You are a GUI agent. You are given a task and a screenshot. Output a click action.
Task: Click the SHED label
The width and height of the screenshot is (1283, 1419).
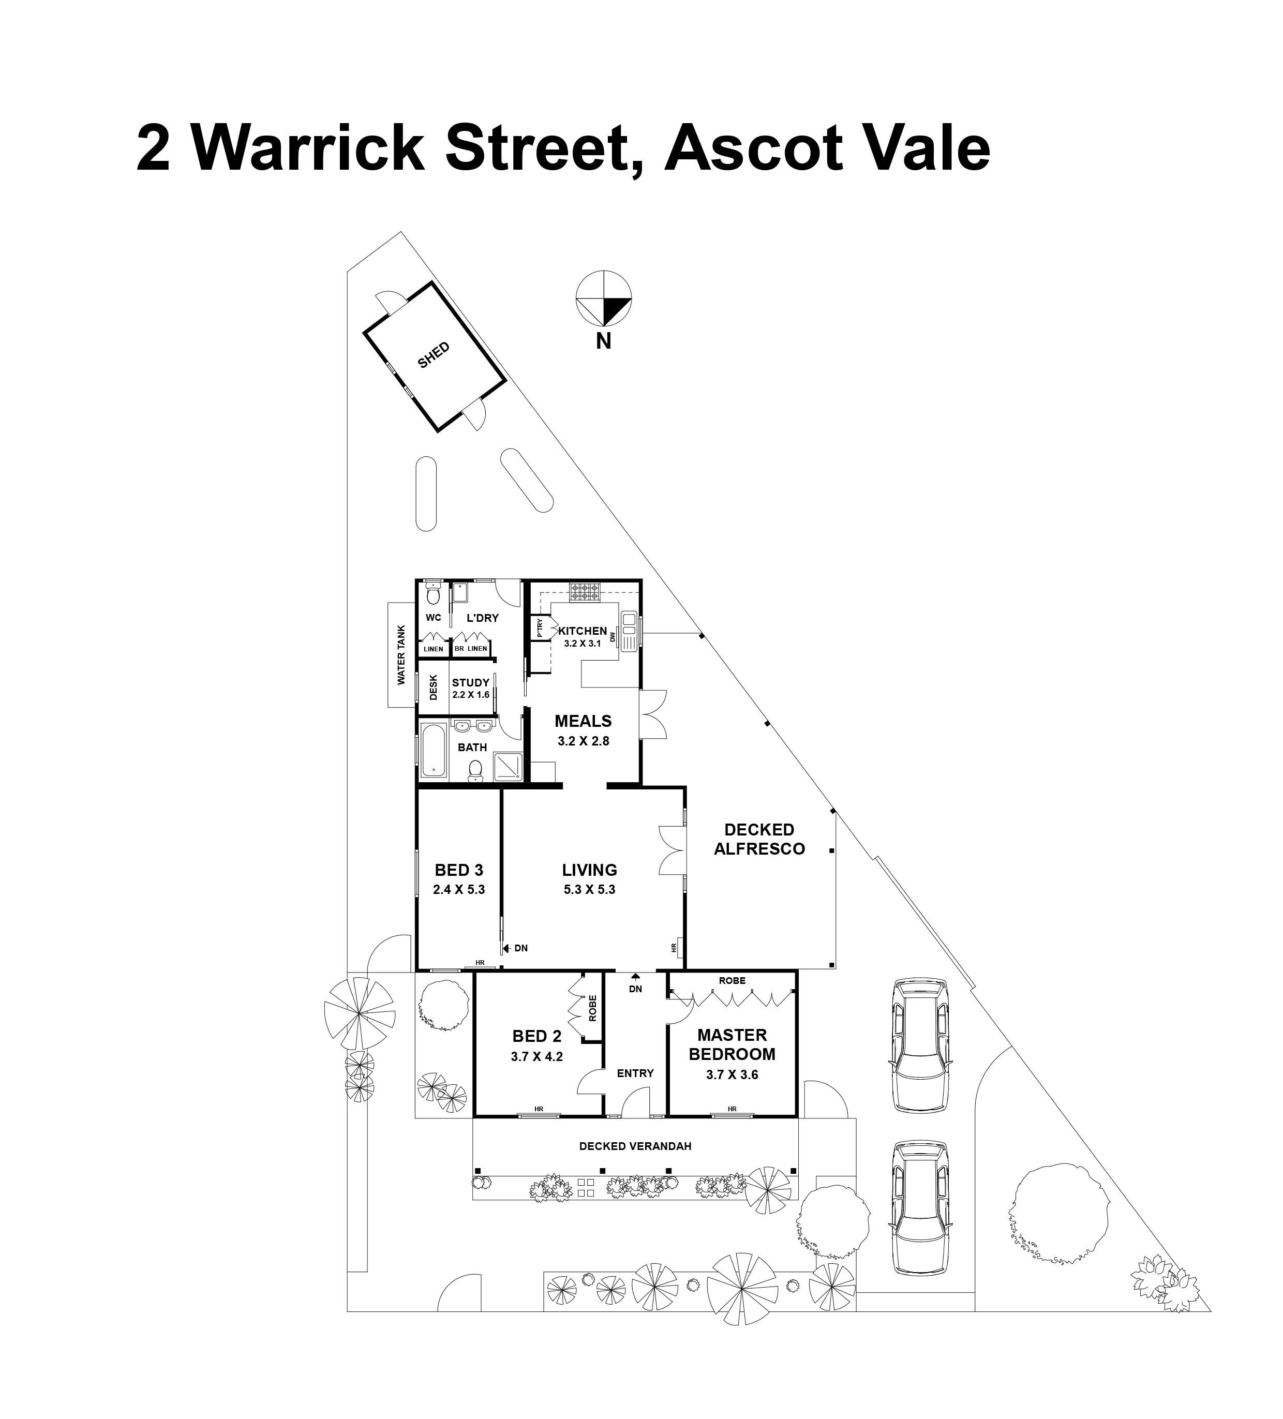(433, 355)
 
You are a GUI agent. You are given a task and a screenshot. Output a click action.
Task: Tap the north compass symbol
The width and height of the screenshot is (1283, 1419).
(603, 298)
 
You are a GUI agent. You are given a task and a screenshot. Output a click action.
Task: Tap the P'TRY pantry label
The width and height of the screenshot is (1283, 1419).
(540, 627)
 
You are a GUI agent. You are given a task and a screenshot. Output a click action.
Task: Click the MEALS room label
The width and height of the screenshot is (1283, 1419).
(583, 721)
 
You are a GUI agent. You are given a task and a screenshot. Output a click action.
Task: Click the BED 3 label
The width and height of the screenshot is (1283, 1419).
(459, 870)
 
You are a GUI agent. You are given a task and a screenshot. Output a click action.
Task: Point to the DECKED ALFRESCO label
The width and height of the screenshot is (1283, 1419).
(759, 839)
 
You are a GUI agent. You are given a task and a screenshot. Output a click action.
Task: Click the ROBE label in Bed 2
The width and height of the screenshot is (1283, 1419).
(592, 1007)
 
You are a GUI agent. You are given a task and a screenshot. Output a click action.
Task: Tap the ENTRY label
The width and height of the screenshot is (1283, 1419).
(635, 1073)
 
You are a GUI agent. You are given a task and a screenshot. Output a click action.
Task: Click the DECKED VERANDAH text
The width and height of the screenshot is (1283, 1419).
(635, 1146)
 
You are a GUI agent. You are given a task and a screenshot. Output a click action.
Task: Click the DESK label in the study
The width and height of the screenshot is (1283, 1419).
(434, 688)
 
